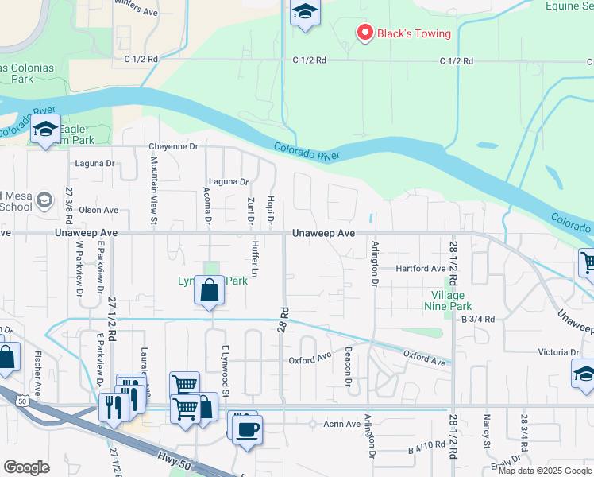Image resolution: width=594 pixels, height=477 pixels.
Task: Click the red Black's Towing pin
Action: [365, 33]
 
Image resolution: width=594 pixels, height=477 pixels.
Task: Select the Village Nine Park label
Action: [446, 300]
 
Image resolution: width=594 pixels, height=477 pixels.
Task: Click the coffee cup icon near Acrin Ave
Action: [247, 429]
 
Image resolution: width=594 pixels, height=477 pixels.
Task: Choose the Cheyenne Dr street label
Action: [173, 147]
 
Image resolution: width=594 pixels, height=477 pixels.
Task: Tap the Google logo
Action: [26, 467]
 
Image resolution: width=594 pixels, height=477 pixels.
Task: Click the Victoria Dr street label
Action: [558, 352]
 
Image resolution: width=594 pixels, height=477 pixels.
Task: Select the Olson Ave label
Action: [98, 211]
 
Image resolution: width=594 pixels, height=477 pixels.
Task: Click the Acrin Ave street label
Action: [342, 424]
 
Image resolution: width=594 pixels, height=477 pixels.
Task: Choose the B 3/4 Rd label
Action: [478, 319]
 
